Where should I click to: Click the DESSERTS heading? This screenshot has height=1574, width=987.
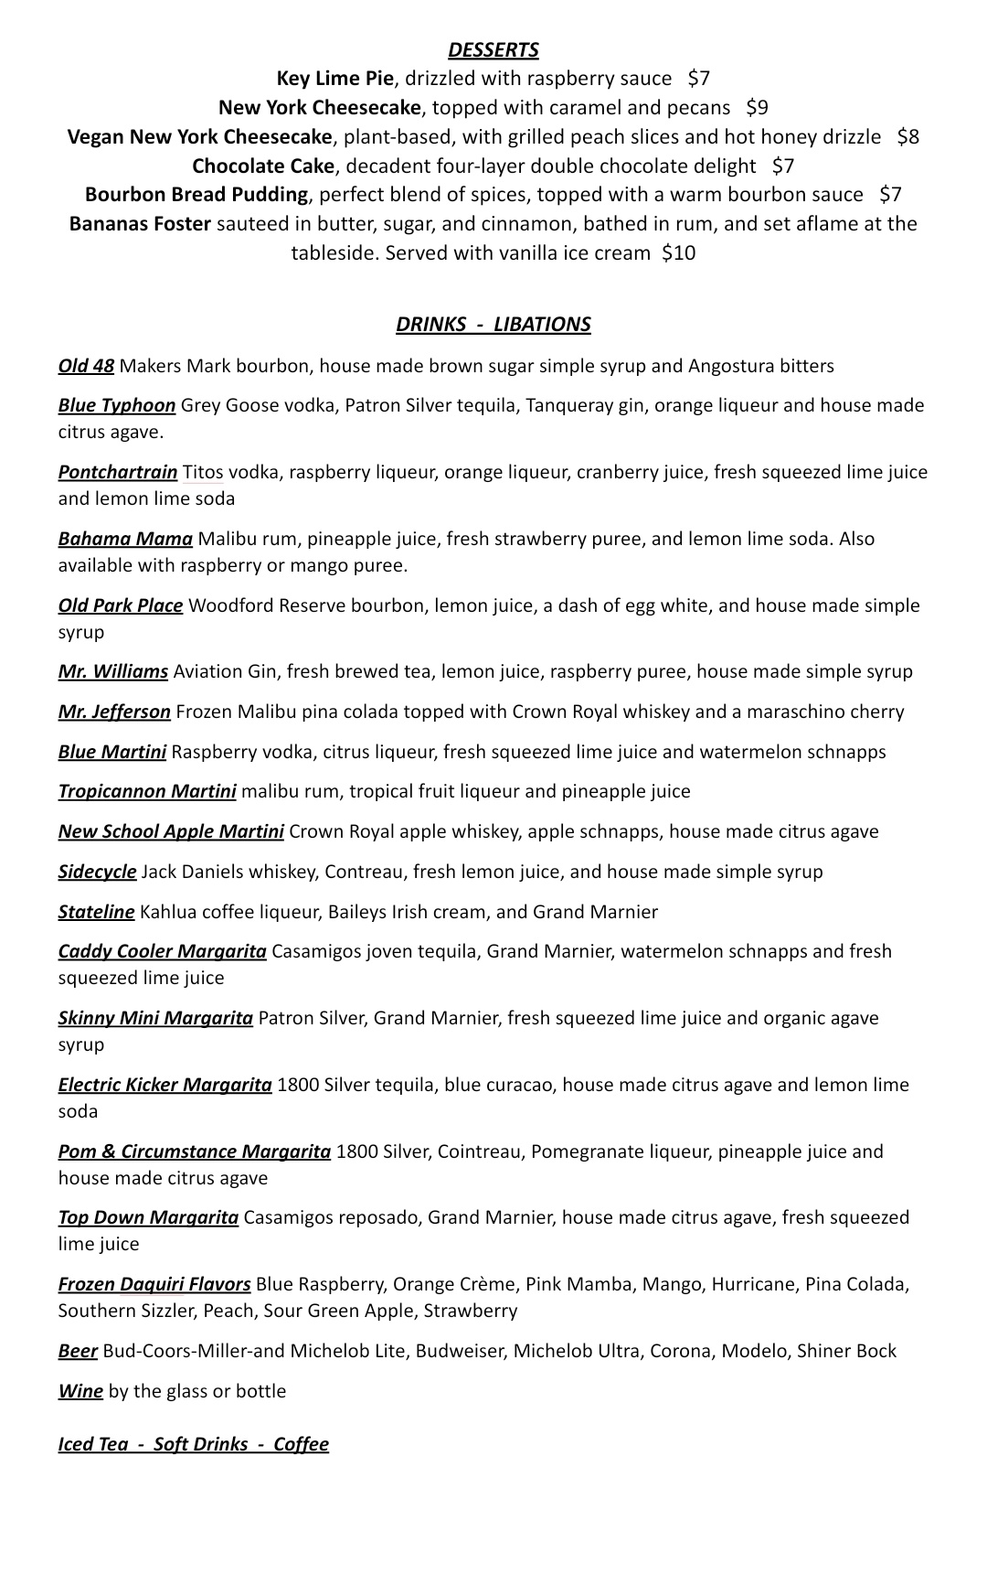click(x=493, y=50)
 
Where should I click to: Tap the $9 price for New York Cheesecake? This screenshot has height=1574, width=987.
click(x=757, y=108)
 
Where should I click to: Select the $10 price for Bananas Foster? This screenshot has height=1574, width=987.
click(x=678, y=253)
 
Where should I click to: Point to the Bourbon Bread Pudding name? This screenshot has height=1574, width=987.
click(x=196, y=195)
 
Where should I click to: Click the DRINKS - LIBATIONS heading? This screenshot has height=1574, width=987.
click(x=493, y=325)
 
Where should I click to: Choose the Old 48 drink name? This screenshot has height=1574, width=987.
click(x=86, y=367)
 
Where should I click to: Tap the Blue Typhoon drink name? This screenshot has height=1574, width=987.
click(x=116, y=406)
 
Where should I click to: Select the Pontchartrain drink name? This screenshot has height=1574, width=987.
click(x=117, y=473)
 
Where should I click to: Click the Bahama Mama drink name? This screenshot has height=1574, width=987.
click(x=125, y=540)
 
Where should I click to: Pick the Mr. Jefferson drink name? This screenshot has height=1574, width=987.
click(x=114, y=712)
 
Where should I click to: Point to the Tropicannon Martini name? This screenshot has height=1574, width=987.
click(x=147, y=792)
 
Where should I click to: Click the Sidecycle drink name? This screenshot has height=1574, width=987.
click(x=97, y=873)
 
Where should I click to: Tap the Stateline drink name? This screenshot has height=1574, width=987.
click(x=96, y=913)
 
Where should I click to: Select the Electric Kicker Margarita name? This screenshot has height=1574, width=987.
click(x=164, y=1086)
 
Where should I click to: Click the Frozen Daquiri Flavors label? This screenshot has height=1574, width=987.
click(x=154, y=1285)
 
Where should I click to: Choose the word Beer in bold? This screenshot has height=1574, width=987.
click(x=78, y=1352)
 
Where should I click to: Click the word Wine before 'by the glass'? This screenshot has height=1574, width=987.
click(x=80, y=1392)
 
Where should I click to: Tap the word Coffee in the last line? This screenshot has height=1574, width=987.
click(x=301, y=1445)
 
